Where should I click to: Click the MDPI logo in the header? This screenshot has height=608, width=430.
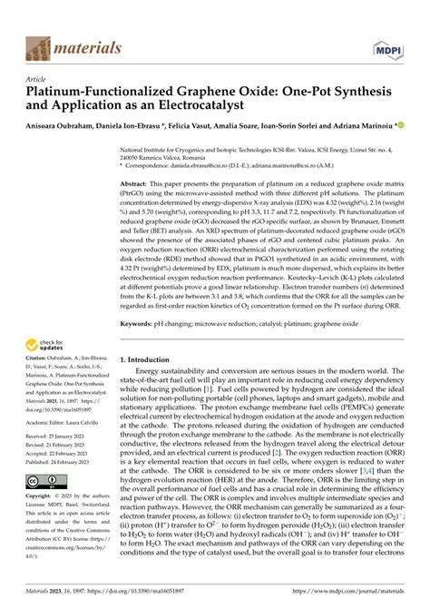(396, 47)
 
